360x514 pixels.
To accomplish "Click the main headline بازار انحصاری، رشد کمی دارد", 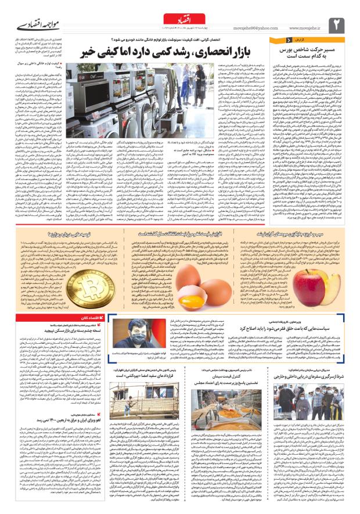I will click(176, 54).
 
